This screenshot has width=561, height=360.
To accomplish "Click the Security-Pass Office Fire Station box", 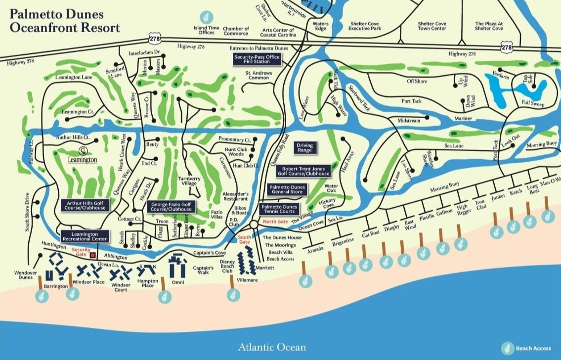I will coord(257,60).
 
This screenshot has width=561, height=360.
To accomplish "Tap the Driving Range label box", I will coord(304,147).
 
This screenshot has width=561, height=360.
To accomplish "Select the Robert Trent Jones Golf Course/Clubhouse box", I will coord(303,171).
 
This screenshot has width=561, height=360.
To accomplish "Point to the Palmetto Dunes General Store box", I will coord(287,189).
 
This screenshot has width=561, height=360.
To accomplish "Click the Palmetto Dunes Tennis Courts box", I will coord(279,209).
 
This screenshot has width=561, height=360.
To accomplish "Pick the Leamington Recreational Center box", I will coord(84,236).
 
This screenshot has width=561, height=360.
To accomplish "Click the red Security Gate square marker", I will coord(92,255).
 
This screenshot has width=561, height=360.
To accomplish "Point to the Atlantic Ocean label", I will coord(272,347).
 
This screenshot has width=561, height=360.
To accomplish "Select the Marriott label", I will coord(265,268).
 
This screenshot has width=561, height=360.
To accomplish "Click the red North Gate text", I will coord(275,222).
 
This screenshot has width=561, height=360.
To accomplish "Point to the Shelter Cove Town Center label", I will coord(432,26).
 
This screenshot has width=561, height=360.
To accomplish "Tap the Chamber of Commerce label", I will coord(236,32).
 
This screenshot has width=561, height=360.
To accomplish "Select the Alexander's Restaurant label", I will coord(236,197).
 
